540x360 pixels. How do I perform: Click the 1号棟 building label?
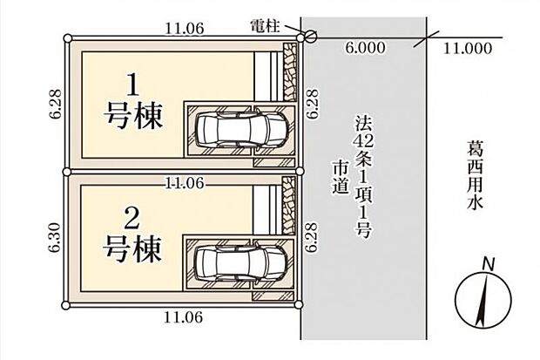tap(133, 103)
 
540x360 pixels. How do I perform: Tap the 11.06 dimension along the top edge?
tap(184, 29)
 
